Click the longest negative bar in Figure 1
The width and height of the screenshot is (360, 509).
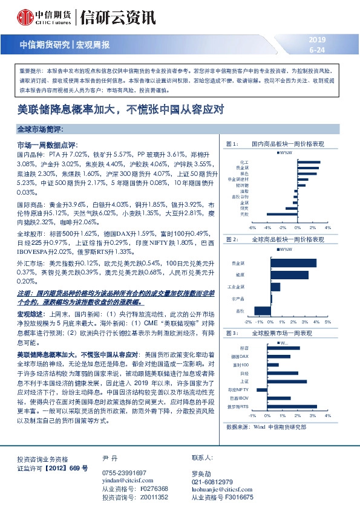point(281,214)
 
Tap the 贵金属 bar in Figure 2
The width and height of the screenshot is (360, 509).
point(294,263)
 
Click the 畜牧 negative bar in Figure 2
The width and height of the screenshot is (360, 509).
point(263,311)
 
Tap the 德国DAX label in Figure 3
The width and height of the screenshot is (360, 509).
point(240,357)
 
